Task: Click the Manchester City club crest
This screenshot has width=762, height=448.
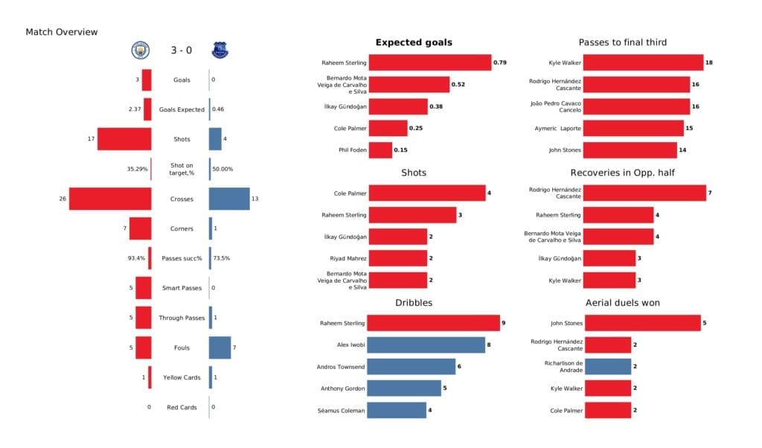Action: pyautogui.click(x=140, y=50)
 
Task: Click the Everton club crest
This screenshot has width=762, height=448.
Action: pyautogui.click(x=220, y=50)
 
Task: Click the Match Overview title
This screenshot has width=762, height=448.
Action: pyautogui.click(x=61, y=32)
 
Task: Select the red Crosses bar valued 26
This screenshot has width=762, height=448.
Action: pyautogui.click(x=110, y=199)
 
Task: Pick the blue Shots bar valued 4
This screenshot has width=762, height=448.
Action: pyautogui.click(x=216, y=139)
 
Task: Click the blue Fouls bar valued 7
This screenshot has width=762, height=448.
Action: pyautogui.click(x=220, y=348)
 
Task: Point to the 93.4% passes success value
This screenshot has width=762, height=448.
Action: pyautogui.click(x=136, y=258)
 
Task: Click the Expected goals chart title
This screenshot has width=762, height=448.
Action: pyautogui.click(x=414, y=42)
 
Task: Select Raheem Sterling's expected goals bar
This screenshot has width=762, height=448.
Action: pyautogui.click(x=430, y=63)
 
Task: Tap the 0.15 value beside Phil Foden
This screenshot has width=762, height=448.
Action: pyautogui.click(x=400, y=150)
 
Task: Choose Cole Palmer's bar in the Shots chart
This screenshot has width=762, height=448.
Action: pyautogui.click(x=427, y=193)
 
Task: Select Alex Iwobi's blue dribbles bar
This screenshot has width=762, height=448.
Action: pyautogui.click(x=427, y=345)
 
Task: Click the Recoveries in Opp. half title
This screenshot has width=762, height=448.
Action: pyautogui.click(x=623, y=172)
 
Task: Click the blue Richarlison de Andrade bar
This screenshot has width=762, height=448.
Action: pyautogui.click(x=607, y=366)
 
